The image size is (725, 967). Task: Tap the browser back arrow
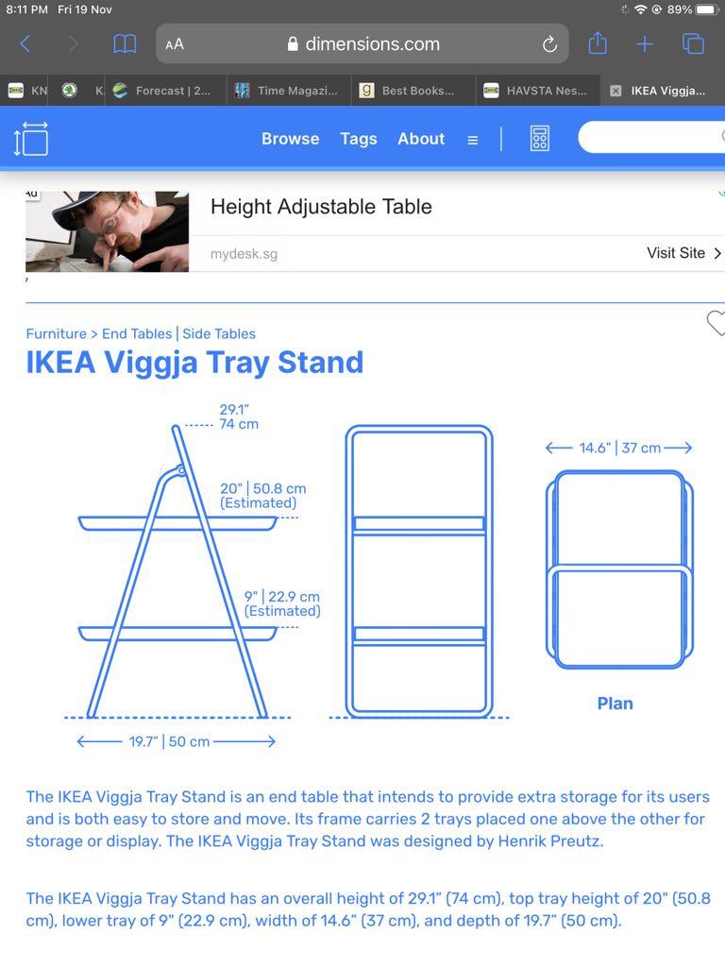click(x=25, y=43)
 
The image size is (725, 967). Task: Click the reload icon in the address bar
click(x=549, y=44)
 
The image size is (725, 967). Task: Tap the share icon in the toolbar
click(x=597, y=43)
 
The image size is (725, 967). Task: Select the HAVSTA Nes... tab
click(x=536, y=91)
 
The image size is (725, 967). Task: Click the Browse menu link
click(x=290, y=139)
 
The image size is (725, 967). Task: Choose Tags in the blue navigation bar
click(x=359, y=139)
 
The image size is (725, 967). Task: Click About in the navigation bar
click(x=421, y=139)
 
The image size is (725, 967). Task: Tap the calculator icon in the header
click(x=539, y=139)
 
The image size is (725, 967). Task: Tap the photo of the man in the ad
click(x=107, y=231)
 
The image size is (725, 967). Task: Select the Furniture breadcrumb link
click(x=56, y=333)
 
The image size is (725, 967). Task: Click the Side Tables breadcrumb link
click(x=219, y=333)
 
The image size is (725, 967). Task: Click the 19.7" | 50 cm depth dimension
click(x=170, y=741)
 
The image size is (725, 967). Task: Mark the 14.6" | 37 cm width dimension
click(x=619, y=448)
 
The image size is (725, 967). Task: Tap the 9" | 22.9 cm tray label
click(x=282, y=603)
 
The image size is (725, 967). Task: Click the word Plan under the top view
click(x=615, y=704)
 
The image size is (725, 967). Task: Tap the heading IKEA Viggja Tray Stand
click(x=194, y=363)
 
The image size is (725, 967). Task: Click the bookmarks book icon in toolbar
click(x=125, y=43)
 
